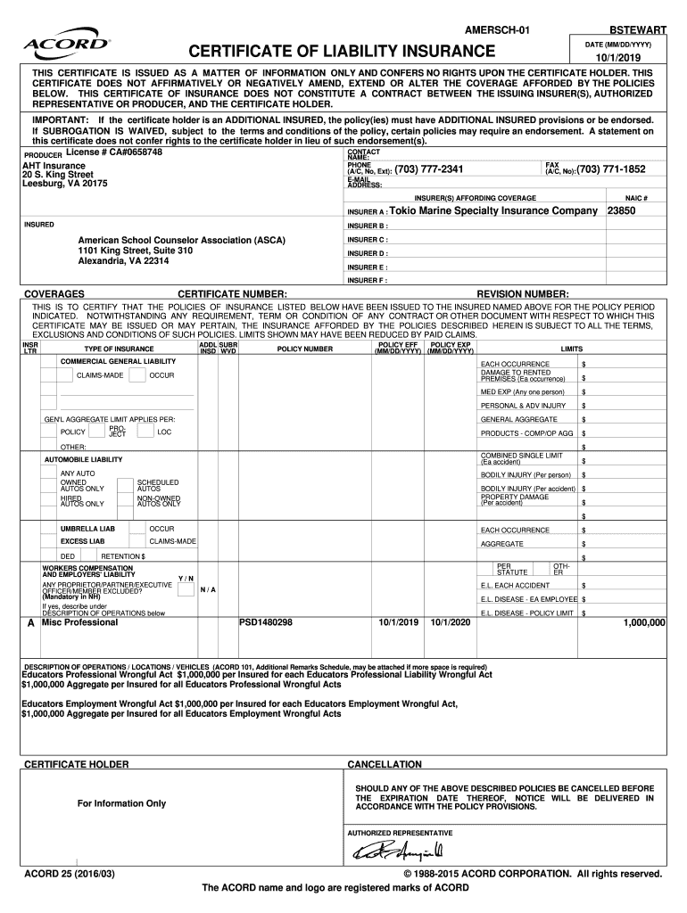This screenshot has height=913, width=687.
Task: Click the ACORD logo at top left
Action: point(67,44)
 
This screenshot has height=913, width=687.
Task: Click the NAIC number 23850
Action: point(622,211)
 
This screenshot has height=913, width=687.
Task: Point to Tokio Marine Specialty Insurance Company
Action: point(492,211)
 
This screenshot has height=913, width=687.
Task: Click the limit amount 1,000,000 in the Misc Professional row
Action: point(643,623)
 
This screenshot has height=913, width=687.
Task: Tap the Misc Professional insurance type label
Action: point(79,622)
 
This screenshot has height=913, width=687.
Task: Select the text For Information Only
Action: point(121,803)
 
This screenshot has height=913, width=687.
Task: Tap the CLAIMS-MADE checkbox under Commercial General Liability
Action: point(49,375)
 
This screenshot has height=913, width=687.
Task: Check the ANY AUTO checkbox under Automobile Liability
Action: point(49,473)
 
